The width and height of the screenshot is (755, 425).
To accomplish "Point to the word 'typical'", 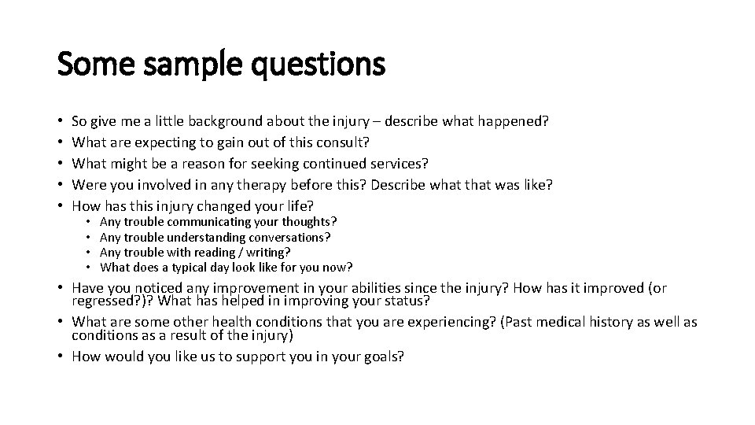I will [x=184, y=267].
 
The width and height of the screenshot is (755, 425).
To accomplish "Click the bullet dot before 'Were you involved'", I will [x=61, y=185].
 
